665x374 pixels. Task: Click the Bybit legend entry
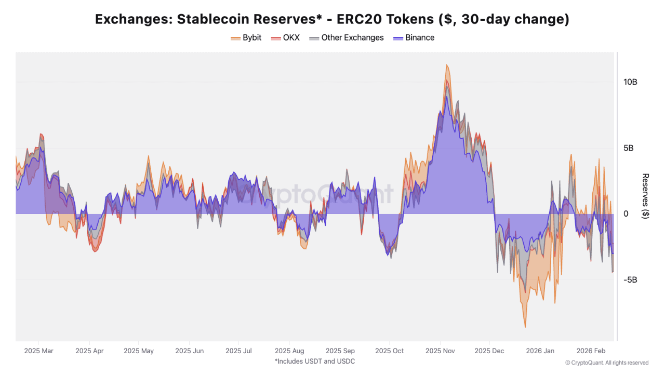point(246,37)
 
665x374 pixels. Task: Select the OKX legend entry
point(285,37)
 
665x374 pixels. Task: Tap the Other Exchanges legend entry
point(347,37)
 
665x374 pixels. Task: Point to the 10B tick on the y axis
point(630,82)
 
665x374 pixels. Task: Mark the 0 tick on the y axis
point(626,214)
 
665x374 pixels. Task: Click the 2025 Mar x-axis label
point(38,351)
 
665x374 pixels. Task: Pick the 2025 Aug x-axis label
point(289,351)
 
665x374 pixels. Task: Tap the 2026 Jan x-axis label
point(540,351)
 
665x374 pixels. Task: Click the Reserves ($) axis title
point(645,196)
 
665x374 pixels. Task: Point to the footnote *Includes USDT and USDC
point(315,361)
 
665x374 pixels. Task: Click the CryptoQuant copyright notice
point(607,363)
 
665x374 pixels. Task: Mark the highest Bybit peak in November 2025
point(446,65)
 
